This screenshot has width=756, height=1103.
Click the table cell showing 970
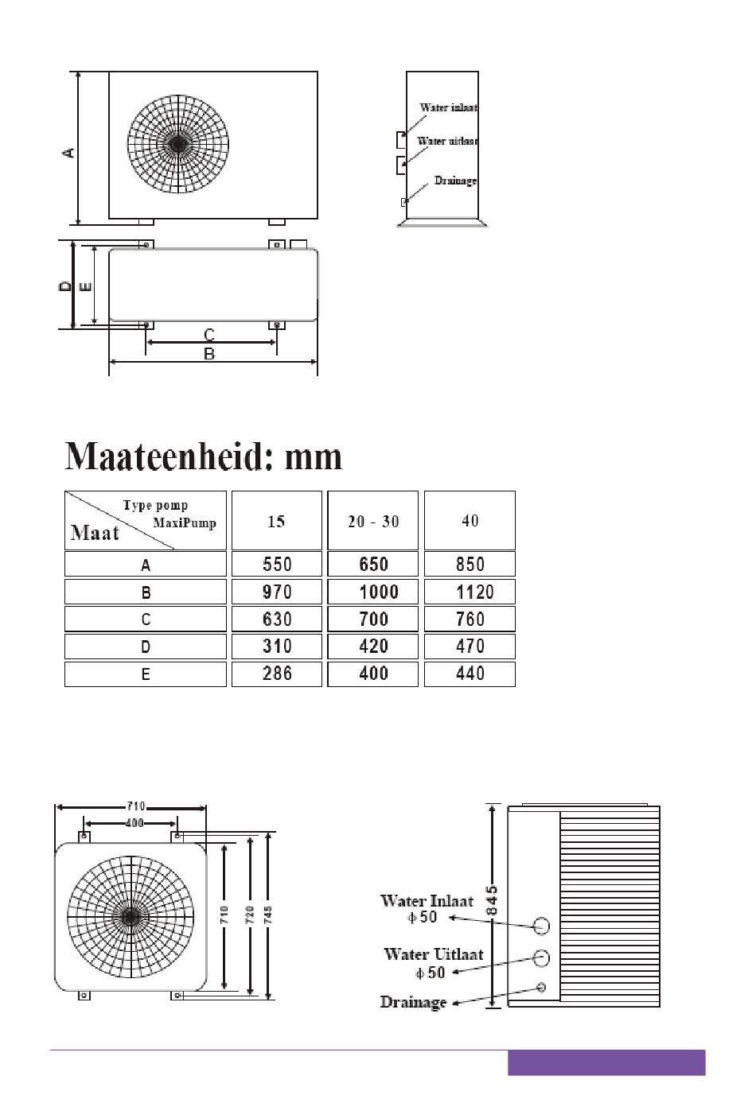point(277,592)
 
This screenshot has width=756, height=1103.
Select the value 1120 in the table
point(470,592)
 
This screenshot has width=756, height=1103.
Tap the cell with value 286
point(277,674)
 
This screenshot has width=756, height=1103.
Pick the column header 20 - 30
point(373,522)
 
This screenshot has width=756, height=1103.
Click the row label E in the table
point(146,674)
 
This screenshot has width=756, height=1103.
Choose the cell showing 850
point(470,564)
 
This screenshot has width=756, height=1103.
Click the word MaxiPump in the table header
point(185,522)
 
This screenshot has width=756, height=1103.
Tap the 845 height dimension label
point(493,900)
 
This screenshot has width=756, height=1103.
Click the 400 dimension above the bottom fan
point(134,823)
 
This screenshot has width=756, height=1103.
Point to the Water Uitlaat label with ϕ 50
point(433,962)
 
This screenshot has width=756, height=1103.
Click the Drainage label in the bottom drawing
point(413,1002)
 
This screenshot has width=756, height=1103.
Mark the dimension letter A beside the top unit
point(70,151)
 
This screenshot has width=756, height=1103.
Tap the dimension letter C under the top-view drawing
point(209,335)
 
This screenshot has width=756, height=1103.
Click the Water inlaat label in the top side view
point(448,107)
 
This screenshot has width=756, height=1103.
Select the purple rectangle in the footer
point(606,1063)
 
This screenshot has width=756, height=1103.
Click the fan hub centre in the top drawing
point(177,144)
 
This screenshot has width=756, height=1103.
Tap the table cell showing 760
point(470,619)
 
